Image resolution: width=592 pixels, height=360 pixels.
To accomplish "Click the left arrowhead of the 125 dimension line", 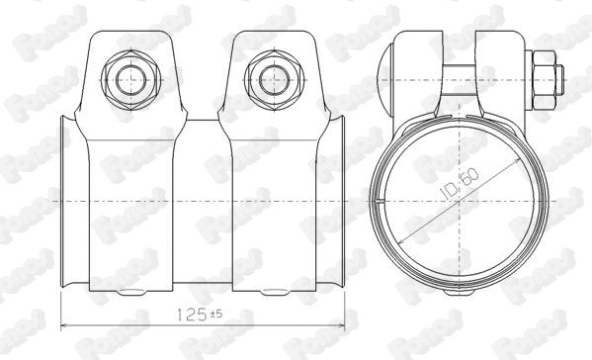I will pyautogui.click(x=66, y=324).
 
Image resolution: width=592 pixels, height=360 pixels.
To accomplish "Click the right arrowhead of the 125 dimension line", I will pyautogui.click(x=346, y=324).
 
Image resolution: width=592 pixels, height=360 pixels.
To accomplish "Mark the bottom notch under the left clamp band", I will pyautogui.click(x=129, y=292).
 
